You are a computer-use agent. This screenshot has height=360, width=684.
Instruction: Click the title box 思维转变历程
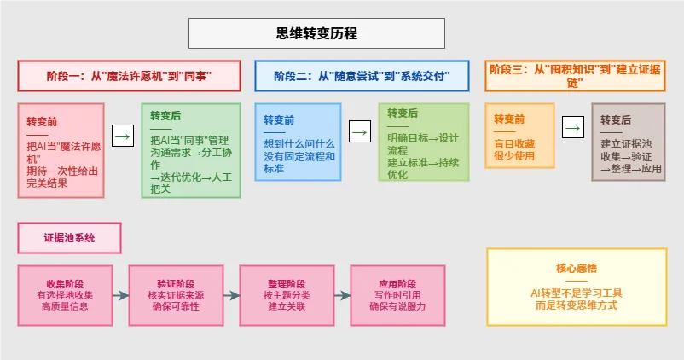[x=316, y=34]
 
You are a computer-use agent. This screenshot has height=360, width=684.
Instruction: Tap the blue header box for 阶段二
[x=362, y=76]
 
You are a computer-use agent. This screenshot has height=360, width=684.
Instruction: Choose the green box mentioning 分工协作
[x=190, y=151]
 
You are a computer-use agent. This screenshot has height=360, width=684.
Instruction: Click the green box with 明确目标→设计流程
[x=423, y=142]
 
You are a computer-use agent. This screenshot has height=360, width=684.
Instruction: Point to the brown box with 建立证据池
[x=628, y=142]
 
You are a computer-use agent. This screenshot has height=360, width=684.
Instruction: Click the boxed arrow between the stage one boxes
[x=124, y=135]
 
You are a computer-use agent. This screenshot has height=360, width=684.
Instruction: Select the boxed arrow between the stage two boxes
[x=359, y=132]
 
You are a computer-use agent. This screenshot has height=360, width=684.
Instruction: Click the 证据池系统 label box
[x=69, y=238]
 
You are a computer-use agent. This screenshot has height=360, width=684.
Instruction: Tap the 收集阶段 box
[x=64, y=295]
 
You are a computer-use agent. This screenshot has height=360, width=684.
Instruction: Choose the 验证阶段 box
[x=175, y=295]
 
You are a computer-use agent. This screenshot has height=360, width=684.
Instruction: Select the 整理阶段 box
[x=286, y=295]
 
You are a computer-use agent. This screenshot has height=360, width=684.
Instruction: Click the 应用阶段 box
[x=397, y=295]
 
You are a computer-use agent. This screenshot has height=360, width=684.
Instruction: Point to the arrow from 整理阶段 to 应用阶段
[x=341, y=295]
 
